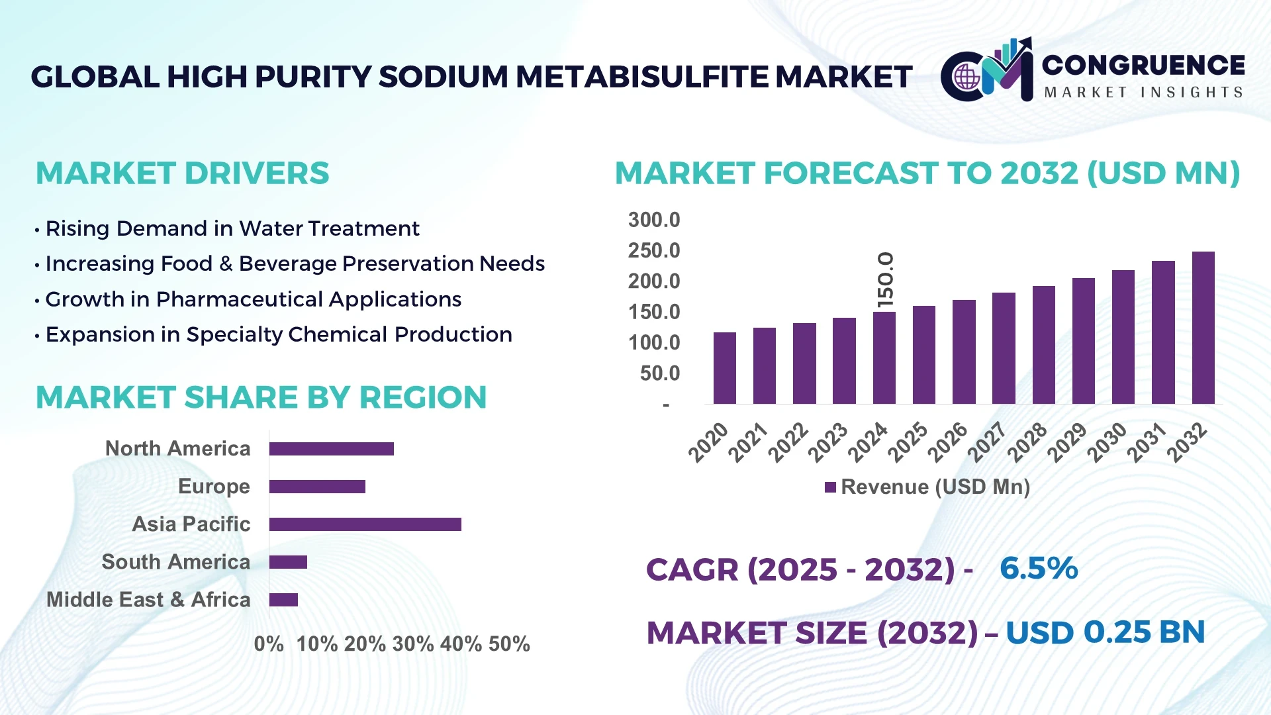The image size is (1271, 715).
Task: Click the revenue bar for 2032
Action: pyautogui.click(x=1203, y=328)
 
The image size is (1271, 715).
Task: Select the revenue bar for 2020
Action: pyautogui.click(x=724, y=368)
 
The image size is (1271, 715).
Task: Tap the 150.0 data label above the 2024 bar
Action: pyautogui.click(x=885, y=279)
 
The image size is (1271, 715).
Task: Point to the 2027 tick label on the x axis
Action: pyautogui.click(x=988, y=442)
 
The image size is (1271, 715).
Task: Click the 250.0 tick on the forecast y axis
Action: pyautogui.click(x=653, y=251)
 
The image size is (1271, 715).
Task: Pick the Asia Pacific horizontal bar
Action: pyautogui.click(x=365, y=524)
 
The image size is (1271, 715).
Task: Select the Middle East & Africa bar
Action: pyautogui.click(x=283, y=600)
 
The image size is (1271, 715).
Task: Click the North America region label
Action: pyautogui.click(x=177, y=449)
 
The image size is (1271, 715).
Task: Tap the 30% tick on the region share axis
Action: pyautogui.click(x=413, y=644)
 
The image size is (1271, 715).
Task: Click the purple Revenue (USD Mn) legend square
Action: pyautogui.click(x=830, y=487)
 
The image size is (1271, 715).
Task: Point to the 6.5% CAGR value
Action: pyautogui.click(x=1038, y=569)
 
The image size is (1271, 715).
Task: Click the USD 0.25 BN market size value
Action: pyautogui.click(x=1105, y=632)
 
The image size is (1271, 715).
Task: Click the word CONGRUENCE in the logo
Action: pyautogui.click(x=1143, y=65)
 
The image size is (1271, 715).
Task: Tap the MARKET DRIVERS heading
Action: pyautogui.click(x=182, y=173)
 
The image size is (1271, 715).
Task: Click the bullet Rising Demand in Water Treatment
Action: pyautogui.click(x=232, y=228)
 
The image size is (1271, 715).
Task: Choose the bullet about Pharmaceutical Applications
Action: pyautogui.click(x=253, y=299)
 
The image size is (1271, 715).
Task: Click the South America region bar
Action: pyautogui.click(x=288, y=562)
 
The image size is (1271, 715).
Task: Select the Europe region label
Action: pyautogui.click(x=214, y=487)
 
